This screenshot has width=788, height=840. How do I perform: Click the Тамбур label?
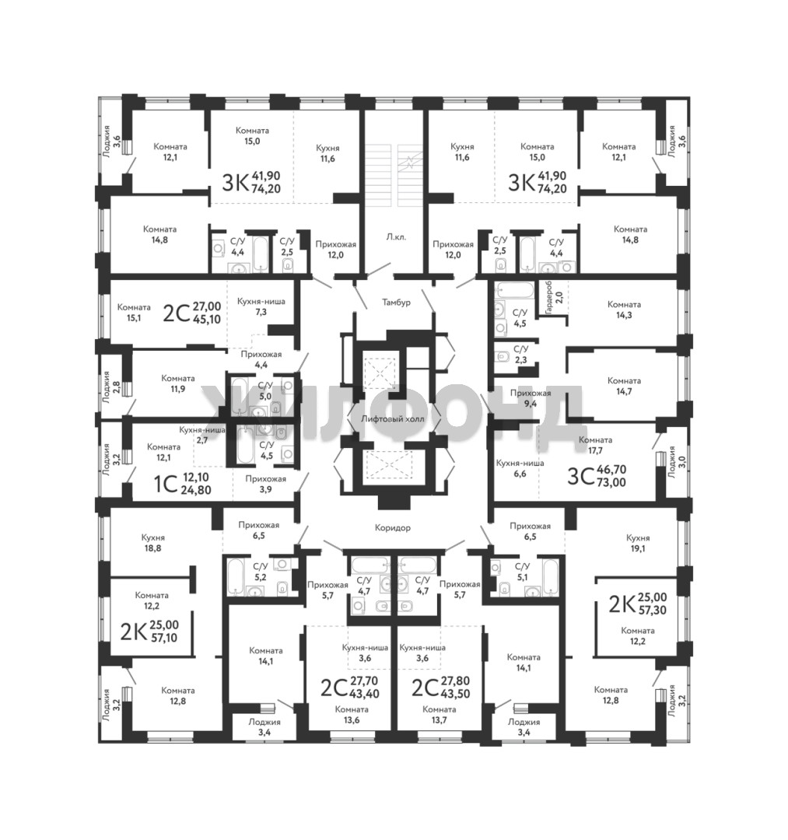pos(396,302)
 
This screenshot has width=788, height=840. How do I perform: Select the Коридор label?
pos(393,527)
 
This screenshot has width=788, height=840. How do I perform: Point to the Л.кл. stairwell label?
pos(395,236)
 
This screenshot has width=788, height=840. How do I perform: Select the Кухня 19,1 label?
pos(637,543)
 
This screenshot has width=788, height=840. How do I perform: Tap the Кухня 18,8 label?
pos(152,543)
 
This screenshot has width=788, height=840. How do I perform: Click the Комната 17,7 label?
pos(595,445)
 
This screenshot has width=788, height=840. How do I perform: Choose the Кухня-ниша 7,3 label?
pos(261,306)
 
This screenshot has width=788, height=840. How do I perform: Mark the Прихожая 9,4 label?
pos(531,398)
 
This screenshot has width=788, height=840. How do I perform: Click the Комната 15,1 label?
pos(134,313)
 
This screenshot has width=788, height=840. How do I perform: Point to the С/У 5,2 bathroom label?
pos(261,571)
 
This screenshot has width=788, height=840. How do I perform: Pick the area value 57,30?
pos(652,610)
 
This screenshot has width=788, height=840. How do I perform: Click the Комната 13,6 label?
pos(352,715)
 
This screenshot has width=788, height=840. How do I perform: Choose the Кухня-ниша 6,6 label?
pos(520,468)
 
